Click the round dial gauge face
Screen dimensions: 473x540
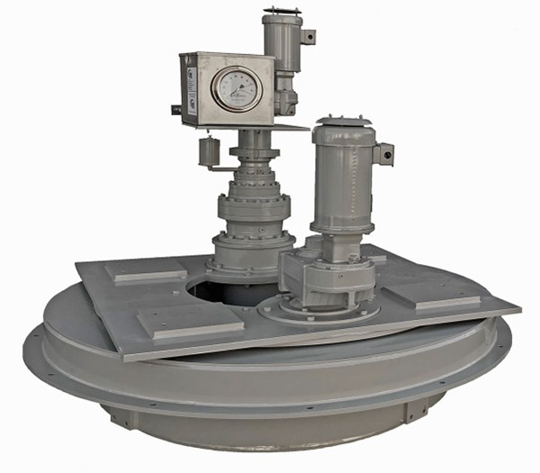[238, 89]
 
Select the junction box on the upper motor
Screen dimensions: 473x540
[308, 37]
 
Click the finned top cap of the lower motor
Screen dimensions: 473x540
[343, 123]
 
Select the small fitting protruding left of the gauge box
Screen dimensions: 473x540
[175, 110]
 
